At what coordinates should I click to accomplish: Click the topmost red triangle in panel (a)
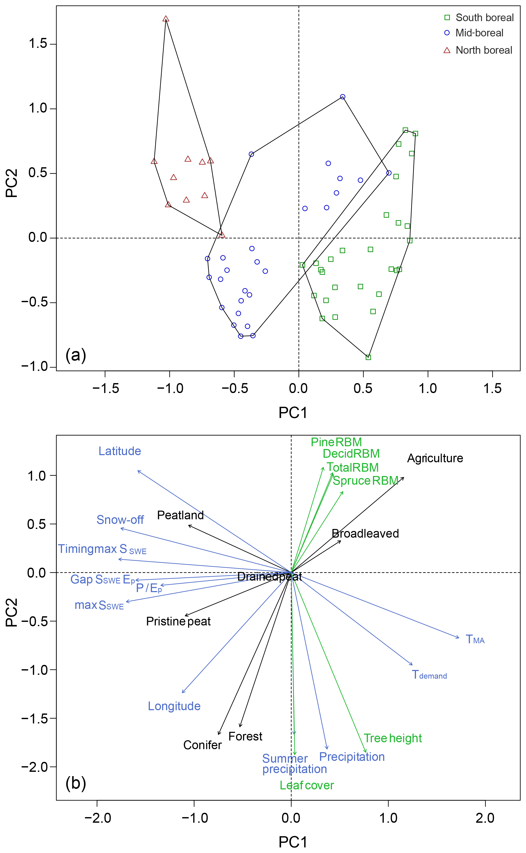point(166,19)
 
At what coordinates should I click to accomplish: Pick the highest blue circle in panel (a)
point(343,97)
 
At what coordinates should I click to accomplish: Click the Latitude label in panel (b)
point(120,451)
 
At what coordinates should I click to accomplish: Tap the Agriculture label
point(435,458)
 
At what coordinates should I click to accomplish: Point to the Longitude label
point(174,706)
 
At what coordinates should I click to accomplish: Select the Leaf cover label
point(307,786)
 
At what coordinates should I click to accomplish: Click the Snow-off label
point(120,520)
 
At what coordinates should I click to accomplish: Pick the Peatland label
point(180,515)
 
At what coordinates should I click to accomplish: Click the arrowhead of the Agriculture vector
point(404,477)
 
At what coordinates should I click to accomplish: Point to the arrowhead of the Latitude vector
point(138,471)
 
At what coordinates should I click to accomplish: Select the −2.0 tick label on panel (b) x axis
point(97,818)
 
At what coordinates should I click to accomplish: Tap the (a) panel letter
point(76,355)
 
